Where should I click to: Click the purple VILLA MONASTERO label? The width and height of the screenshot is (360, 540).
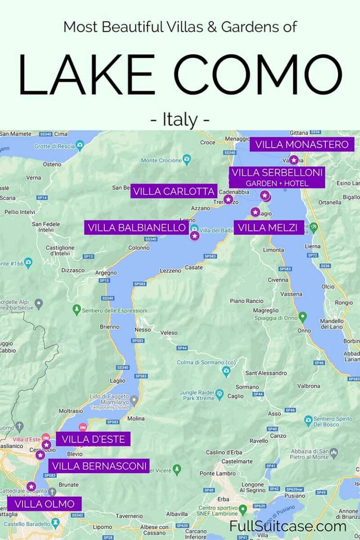[x=302, y=144]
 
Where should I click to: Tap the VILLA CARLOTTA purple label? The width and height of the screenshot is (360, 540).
[x=174, y=191]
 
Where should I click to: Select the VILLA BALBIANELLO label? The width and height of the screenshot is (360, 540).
[x=137, y=228]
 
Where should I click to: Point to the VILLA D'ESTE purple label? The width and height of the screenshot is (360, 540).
[x=93, y=439]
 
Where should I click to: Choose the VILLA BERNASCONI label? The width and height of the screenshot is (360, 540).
[x=99, y=466]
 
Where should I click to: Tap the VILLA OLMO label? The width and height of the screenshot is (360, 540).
[x=45, y=504]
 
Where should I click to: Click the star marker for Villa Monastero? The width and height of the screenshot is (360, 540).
[x=294, y=160]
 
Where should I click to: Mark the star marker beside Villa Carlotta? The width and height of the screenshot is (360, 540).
[x=228, y=200]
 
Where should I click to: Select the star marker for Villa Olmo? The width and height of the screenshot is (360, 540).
[x=31, y=487]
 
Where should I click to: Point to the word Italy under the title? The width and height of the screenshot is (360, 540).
[x=180, y=120]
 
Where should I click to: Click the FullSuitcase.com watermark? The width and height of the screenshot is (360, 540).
[x=288, y=526]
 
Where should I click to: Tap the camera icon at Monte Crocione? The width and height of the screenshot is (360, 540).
[x=187, y=159]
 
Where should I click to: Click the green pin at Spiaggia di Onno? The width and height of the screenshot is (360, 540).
[x=303, y=316]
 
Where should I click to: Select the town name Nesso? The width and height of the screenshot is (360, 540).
[x=143, y=330]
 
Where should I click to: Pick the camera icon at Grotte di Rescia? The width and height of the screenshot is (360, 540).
[x=80, y=144]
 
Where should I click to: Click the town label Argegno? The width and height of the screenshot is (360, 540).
[x=106, y=273]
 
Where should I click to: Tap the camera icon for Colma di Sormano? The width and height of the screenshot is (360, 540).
[x=226, y=371]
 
